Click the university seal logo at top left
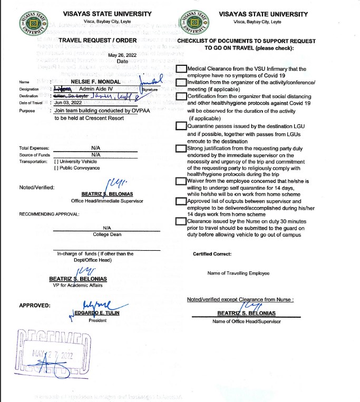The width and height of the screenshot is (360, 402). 34,24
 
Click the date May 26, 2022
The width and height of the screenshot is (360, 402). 122,55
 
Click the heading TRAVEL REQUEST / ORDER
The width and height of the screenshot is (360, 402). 98,41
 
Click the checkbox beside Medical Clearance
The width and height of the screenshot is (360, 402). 181,69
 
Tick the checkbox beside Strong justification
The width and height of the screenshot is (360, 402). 181,149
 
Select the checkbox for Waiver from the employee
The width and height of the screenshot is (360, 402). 181,181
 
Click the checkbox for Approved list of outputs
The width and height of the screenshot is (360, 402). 181,201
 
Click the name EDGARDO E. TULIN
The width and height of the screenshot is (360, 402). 96,312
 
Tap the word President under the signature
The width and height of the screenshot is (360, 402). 98,320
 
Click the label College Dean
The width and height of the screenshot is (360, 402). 108,234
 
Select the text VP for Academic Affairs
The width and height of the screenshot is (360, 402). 77,285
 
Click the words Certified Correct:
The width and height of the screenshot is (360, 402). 212,254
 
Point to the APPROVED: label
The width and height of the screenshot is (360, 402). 35,305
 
